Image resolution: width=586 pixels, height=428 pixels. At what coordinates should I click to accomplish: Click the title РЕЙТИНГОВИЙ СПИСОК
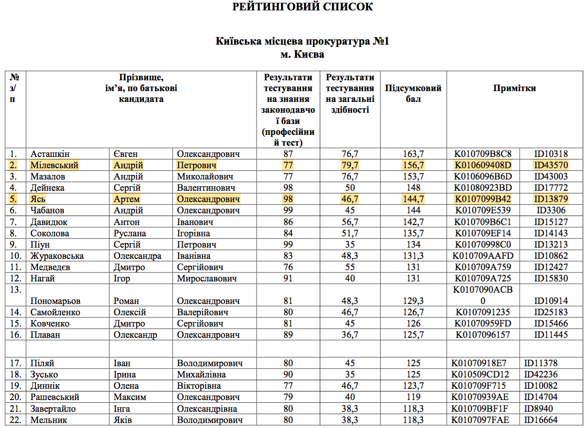(302, 7)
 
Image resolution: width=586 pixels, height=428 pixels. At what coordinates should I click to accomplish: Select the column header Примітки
(514, 88)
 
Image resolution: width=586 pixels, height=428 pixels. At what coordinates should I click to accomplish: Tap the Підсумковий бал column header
(413, 93)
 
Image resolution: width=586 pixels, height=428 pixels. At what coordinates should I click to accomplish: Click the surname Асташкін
(50, 154)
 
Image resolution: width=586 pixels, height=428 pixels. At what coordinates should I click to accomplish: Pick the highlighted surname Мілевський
(54, 165)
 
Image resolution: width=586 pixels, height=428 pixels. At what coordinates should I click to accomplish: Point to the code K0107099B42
(483, 199)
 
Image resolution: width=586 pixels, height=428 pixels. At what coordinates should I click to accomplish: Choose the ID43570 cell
(551, 165)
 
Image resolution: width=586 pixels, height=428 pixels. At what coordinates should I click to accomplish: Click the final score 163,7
(413, 154)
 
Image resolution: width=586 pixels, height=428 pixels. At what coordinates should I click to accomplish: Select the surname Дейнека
(47, 188)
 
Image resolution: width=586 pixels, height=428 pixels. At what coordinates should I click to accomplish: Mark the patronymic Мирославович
(207, 278)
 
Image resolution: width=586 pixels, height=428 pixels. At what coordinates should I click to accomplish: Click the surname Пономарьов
(55, 301)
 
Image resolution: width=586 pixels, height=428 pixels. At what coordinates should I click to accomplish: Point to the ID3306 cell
(551, 210)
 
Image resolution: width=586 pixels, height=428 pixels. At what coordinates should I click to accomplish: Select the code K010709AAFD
(483, 256)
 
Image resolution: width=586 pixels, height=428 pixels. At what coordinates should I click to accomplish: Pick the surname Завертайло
(53, 409)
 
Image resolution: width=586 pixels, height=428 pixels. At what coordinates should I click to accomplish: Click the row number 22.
(15, 420)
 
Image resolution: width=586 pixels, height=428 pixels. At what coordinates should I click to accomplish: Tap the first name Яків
(123, 420)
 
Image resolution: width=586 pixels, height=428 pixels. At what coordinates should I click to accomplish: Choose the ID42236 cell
(540, 374)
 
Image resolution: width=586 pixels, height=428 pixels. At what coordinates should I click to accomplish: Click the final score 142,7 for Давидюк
(413, 222)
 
